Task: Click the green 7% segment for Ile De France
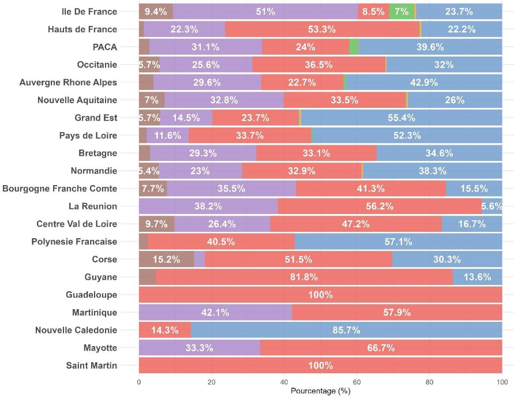pos(402,12)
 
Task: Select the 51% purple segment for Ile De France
pos(265,12)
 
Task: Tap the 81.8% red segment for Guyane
pos(304,277)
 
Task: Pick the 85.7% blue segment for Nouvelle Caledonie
pos(346,330)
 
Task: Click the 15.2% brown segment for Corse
pos(166,259)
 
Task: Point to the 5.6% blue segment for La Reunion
pos(492,206)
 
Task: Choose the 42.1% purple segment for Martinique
pos(215,312)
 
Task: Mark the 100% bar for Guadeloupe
pos(320,295)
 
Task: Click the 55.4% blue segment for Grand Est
pos(402,118)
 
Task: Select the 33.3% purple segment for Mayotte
pos(200,348)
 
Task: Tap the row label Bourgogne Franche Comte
pos(60,189)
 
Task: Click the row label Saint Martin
pos(92,366)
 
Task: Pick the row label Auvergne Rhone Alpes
pos(68,82)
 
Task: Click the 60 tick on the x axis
pos(357,382)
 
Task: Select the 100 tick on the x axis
pos(501,382)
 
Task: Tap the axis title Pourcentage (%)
pos(320,391)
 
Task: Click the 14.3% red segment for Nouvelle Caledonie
pos(164,330)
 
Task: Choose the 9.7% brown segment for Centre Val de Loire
pos(156,224)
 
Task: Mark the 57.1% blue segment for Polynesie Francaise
pos(398,242)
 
